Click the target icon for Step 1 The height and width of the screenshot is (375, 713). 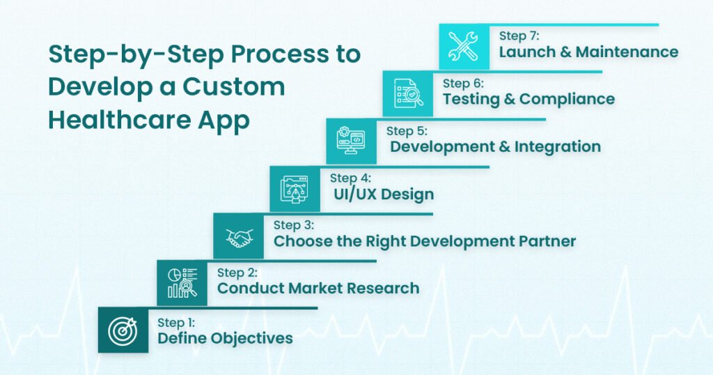(x=123, y=330)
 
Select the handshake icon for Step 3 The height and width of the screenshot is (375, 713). (x=239, y=237)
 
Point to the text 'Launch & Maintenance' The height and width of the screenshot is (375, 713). (x=588, y=52)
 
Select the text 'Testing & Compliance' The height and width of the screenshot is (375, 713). (x=528, y=99)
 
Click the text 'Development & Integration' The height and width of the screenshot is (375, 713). (x=495, y=146)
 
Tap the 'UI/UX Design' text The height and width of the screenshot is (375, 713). (x=383, y=194)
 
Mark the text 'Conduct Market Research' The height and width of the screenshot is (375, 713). (x=318, y=288)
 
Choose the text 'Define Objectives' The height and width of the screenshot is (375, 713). (x=225, y=338)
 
